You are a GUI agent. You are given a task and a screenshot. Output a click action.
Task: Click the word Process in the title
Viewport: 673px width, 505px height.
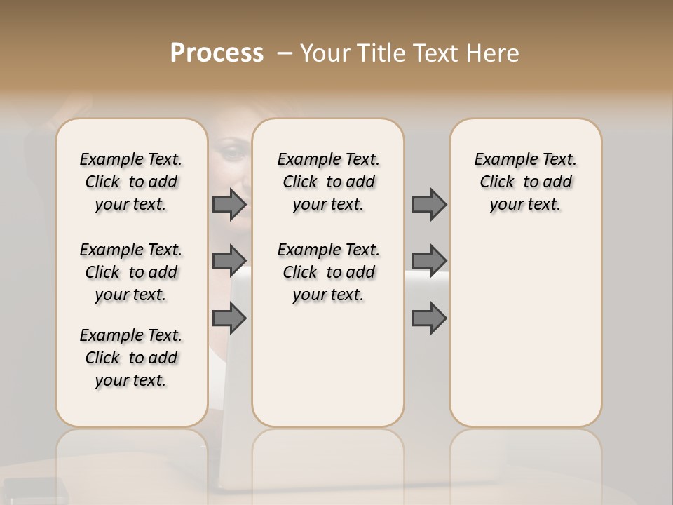point(217,53)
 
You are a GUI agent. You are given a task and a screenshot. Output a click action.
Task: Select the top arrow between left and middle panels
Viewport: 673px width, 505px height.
point(229,204)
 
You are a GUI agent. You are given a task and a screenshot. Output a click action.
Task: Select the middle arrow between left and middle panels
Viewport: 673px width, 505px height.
point(229,261)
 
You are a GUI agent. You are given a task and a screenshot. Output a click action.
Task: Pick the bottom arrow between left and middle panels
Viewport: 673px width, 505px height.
point(229,318)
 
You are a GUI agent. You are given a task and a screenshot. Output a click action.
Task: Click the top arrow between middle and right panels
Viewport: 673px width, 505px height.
point(429,204)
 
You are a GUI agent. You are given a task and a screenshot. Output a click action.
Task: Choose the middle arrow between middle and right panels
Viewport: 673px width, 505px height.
point(429,261)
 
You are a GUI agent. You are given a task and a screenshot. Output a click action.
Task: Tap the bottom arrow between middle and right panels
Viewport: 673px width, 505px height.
point(429,318)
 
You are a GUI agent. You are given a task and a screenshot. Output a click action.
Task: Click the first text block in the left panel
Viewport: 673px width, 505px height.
point(131,182)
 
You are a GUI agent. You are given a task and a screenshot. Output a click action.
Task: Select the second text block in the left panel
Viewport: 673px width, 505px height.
point(131,272)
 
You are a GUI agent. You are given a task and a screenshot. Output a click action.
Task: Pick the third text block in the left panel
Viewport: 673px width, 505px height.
point(131,358)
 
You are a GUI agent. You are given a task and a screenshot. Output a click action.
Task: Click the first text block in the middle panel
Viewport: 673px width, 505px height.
point(328,182)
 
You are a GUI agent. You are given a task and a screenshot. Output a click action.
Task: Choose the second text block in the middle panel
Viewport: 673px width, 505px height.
point(328,272)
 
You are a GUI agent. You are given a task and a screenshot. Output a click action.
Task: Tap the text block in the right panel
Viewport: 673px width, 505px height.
point(525,182)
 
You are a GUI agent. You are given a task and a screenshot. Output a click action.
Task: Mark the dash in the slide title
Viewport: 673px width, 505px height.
point(285,53)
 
